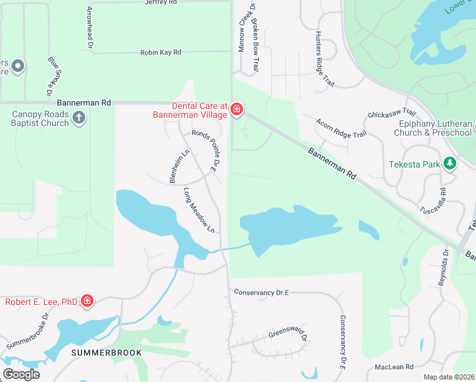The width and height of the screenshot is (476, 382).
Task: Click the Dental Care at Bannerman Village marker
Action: [237, 110]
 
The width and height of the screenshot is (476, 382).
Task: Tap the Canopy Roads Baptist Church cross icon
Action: [79, 117]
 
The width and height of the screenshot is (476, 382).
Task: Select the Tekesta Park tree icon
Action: [450, 164]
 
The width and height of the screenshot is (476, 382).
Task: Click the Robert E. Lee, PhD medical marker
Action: [87, 301]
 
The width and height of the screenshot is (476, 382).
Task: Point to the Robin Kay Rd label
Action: [161, 52]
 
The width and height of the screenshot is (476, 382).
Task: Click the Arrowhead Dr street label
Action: [90, 28]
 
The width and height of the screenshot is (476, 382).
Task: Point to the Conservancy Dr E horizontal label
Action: [262, 292]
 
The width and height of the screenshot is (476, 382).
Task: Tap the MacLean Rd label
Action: [395, 367]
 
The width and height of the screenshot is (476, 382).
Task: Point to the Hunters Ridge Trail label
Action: [324, 60]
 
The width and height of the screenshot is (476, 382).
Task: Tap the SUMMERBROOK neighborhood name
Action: [101, 352]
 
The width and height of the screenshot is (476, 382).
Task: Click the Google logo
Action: [21, 374]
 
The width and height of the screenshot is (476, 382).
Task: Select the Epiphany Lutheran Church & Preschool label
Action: [435, 128]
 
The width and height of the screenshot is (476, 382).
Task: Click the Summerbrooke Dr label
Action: [29, 332]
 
